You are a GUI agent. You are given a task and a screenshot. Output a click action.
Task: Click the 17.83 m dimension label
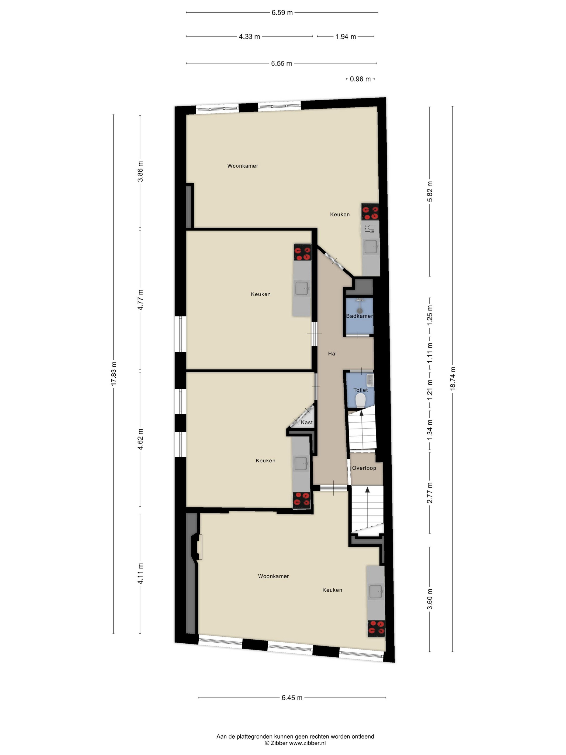click(114, 374)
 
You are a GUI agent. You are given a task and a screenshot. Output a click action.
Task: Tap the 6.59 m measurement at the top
click(282, 13)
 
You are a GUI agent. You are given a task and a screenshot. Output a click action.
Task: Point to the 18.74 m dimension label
click(453, 379)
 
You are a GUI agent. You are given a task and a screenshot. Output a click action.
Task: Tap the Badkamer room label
click(360, 316)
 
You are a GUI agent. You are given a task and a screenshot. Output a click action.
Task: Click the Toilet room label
click(361, 390)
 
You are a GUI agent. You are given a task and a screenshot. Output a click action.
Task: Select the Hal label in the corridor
click(332, 354)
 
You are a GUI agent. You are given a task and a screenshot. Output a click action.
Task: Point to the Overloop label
click(364, 468)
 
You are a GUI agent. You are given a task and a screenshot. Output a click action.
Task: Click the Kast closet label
click(307, 422)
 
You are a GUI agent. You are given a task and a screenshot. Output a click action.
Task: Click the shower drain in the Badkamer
click(359, 311)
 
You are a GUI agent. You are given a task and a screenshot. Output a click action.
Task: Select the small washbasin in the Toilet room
click(370, 380)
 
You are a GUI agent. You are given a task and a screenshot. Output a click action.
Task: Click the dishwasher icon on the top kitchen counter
click(370, 229)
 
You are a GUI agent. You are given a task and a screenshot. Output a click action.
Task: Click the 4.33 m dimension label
click(249, 36)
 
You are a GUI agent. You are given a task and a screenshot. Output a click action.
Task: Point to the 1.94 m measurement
click(346, 36)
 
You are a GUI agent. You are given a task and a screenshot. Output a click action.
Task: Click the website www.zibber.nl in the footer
click(308, 743)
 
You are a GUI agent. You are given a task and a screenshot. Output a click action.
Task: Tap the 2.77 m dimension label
click(430, 493)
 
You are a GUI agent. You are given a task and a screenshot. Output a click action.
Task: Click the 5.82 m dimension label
click(430, 191)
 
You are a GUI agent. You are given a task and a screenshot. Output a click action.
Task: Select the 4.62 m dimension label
click(140, 439)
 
